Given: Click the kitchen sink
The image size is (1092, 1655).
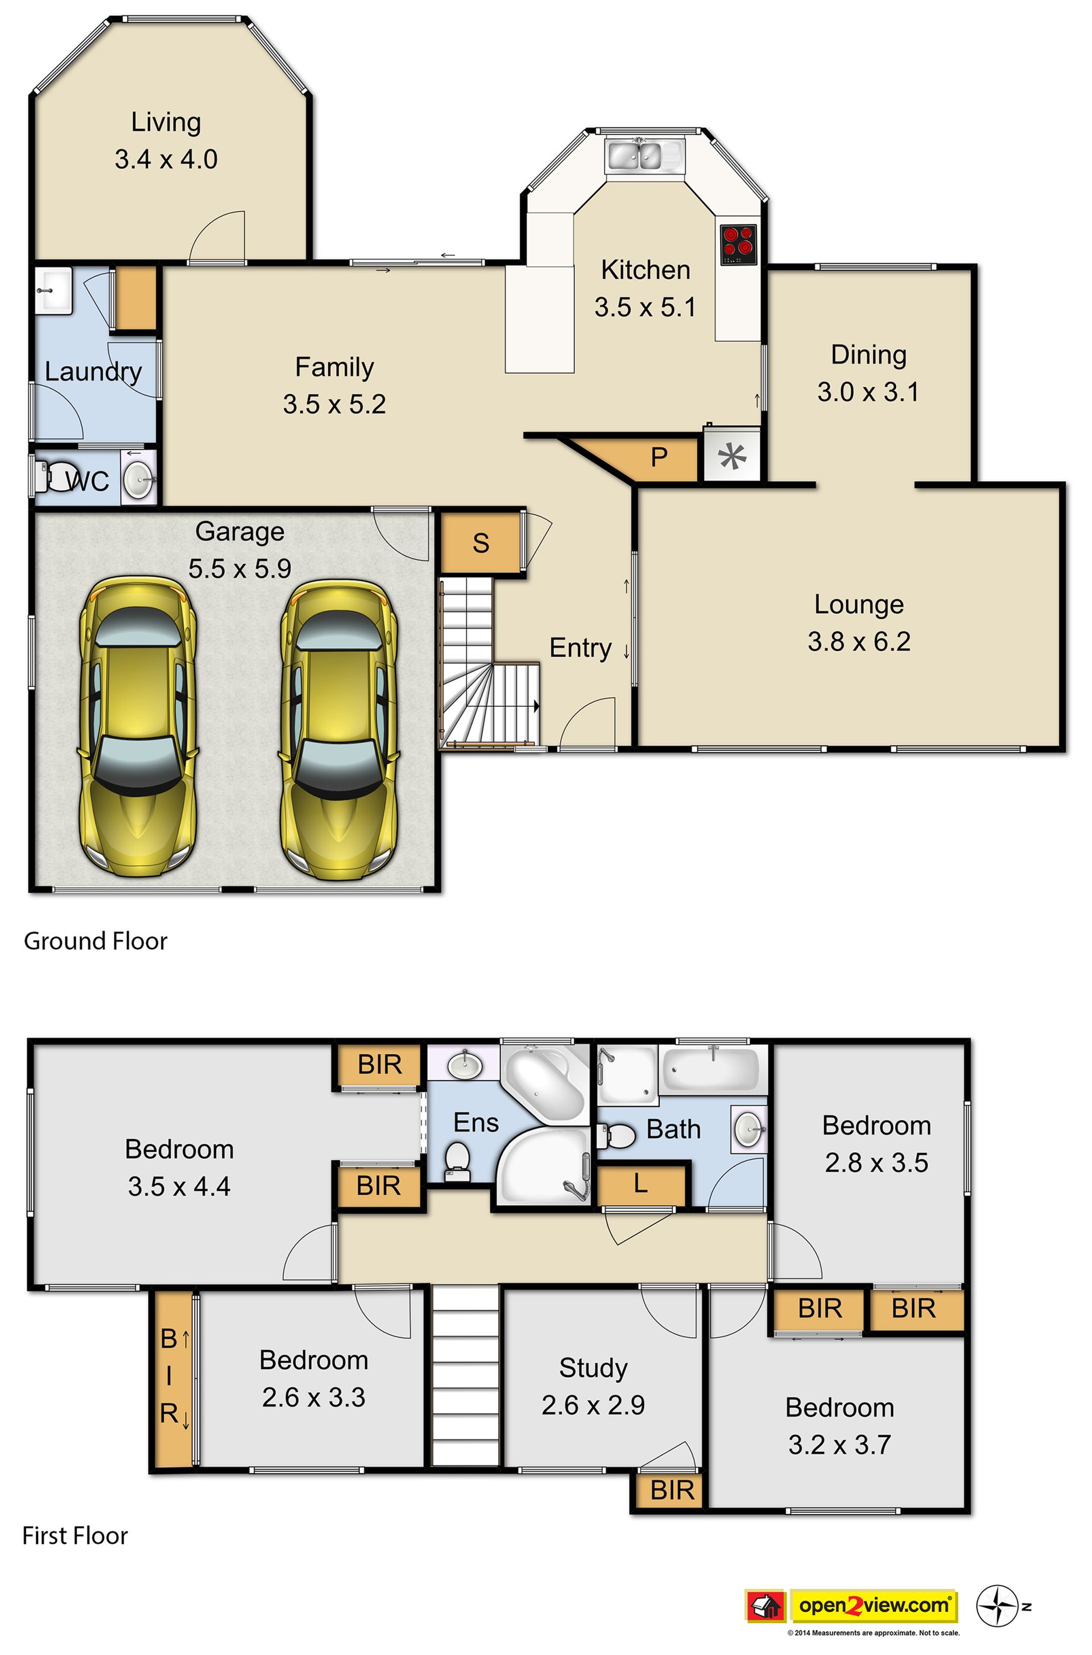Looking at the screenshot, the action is tap(645, 155).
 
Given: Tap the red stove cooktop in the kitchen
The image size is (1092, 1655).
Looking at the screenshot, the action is tap(738, 243).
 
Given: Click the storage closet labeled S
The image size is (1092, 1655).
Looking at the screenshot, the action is tap(481, 543).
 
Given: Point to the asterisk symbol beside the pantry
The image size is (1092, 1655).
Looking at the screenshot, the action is tap(732, 457).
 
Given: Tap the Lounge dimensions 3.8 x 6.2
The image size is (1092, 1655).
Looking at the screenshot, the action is tap(859, 642).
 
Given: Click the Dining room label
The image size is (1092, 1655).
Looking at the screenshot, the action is tap(868, 354).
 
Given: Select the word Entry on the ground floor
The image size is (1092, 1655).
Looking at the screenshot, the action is tap(580, 648).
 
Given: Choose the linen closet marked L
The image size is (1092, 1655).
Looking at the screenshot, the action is tap(642, 1183).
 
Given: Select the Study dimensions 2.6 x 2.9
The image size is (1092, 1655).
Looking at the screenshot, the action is tap(593, 1405).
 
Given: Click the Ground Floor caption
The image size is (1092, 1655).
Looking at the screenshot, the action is tap(96, 941).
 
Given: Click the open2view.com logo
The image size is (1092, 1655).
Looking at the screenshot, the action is tap(874, 1606).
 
